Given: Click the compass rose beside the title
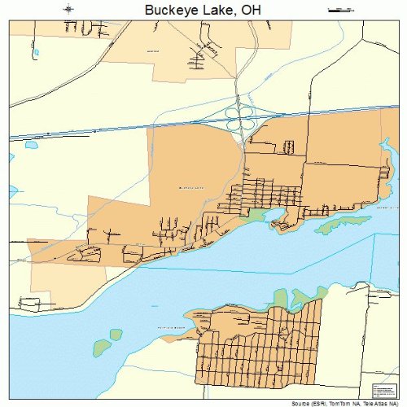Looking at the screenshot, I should (x=70, y=9).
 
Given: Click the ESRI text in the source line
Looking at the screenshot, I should (x=313, y=402).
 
